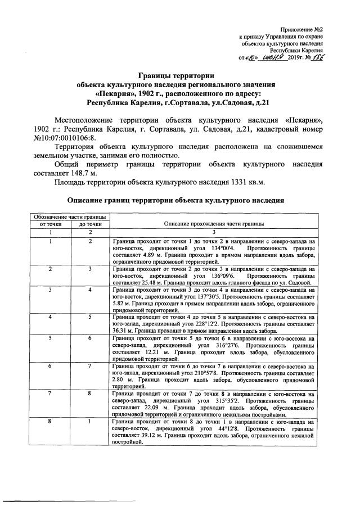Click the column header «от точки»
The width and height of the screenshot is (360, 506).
click(x=51, y=224)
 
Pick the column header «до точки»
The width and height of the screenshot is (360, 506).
click(x=89, y=224)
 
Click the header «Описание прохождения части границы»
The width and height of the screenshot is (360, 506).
click(x=213, y=224)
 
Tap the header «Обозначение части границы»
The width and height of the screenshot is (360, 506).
click(x=69, y=216)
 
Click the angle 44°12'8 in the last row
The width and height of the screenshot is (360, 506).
click(x=227, y=428)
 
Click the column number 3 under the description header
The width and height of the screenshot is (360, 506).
click(x=213, y=232)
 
